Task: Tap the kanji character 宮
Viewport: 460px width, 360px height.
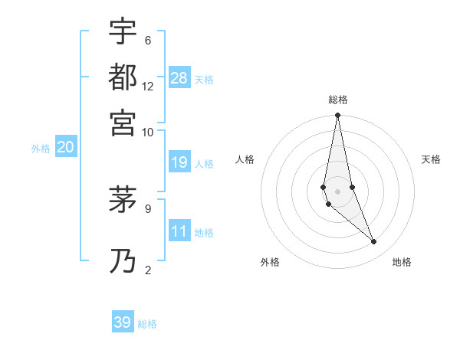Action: tap(123, 122)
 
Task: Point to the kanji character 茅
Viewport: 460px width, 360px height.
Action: tap(123, 201)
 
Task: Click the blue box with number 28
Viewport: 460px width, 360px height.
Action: tap(179, 78)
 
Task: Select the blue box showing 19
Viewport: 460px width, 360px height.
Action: tap(179, 162)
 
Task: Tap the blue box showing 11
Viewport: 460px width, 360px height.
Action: tap(179, 231)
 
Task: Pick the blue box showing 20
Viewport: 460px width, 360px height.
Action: tap(65, 148)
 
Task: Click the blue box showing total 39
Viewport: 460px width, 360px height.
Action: tap(123, 322)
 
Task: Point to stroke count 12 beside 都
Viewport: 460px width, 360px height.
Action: tap(148, 87)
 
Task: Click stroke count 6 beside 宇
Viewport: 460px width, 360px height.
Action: tap(147, 41)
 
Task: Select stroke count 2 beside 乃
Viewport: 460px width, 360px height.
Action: tap(147, 270)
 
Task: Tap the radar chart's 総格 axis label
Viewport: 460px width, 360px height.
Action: tap(338, 100)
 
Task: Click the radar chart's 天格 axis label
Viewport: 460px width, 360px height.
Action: tap(432, 159)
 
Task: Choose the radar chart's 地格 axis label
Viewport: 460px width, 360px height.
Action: tap(402, 262)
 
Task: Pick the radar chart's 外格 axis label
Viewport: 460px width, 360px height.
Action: tap(270, 262)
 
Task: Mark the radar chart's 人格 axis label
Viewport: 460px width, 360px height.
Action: tap(245, 159)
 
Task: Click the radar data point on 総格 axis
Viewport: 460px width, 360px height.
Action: tap(337, 116)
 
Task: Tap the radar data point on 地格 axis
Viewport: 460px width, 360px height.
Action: tap(374, 242)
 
